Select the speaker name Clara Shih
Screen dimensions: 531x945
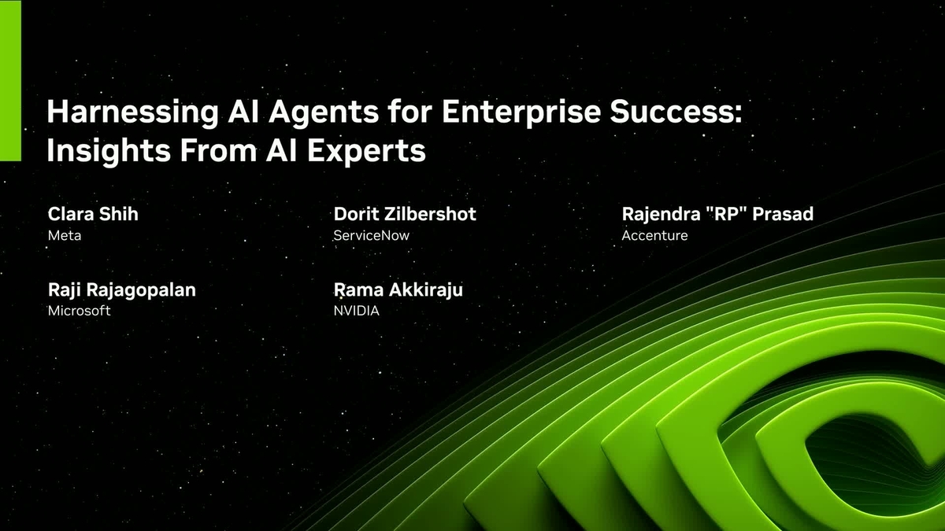pyautogui.click(x=93, y=214)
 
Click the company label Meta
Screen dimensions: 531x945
pyautogui.click(x=65, y=235)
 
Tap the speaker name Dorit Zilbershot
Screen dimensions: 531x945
pyautogui.click(x=405, y=214)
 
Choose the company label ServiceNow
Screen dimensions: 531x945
pyautogui.click(x=372, y=235)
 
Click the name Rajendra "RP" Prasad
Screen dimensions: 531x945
pyautogui.click(x=717, y=214)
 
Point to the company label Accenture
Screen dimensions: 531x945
pyautogui.click(x=654, y=235)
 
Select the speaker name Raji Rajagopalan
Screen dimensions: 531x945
pyautogui.click(x=122, y=289)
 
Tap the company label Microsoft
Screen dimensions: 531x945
pyautogui.click(x=79, y=311)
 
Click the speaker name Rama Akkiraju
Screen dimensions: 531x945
pyautogui.click(x=398, y=289)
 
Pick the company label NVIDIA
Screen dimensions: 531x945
pyautogui.click(x=357, y=311)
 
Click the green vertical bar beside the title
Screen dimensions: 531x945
pyautogui.click(x=10, y=80)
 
